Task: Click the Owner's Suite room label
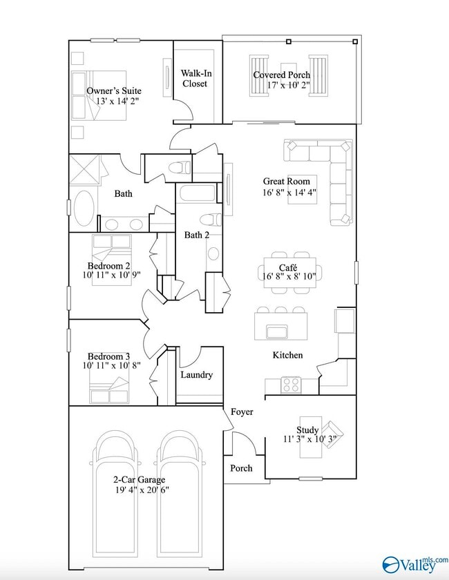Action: click(115, 90)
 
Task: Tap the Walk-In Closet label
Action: click(194, 78)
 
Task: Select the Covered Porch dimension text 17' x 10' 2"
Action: click(288, 86)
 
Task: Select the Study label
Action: click(307, 430)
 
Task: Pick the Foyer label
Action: click(242, 412)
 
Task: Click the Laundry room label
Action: click(196, 375)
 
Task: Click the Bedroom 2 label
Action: click(108, 265)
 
